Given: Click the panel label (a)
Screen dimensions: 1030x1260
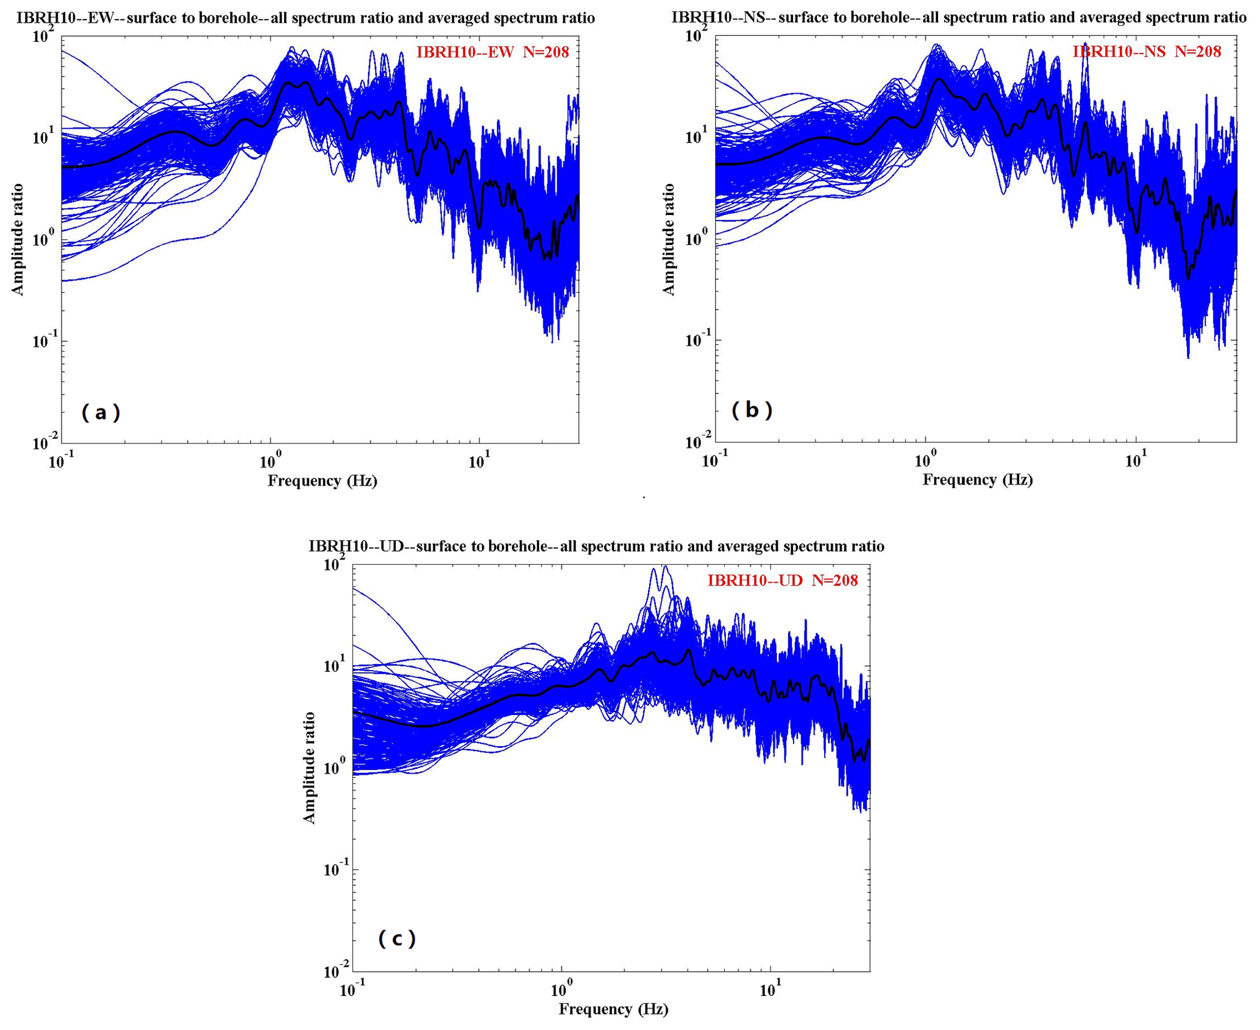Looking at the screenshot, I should (x=101, y=413).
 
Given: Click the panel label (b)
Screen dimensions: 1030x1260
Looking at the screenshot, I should (x=752, y=411).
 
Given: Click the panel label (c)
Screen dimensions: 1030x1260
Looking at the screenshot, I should (x=397, y=939).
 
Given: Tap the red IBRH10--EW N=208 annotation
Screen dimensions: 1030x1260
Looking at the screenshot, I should (x=493, y=52).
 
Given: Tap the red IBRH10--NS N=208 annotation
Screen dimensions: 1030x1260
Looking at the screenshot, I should (x=1147, y=52).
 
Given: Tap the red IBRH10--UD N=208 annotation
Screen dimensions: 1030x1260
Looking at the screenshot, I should (x=782, y=580).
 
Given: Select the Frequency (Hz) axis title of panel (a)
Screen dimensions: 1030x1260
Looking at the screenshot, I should (x=322, y=481).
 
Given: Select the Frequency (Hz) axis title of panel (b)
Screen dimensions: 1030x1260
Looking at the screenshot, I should (x=977, y=480).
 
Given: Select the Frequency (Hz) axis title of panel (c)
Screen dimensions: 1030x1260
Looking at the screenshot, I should (x=613, y=1009).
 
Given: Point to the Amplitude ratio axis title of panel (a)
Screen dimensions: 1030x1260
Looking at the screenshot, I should (x=18, y=239).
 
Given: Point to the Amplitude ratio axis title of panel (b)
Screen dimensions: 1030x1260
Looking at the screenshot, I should (x=669, y=239).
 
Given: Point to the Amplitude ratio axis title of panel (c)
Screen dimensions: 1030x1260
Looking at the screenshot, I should (x=309, y=767).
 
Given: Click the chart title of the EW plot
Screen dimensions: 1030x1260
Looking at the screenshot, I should (x=305, y=18).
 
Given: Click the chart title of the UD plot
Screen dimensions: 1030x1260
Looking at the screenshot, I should (x=596, y=546).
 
